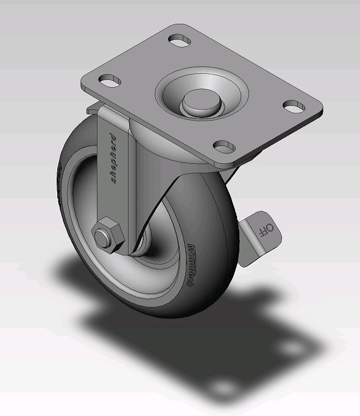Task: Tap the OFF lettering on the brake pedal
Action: pyautogui.click(x=267, y=230)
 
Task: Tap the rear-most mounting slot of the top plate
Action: pyautogui.click(x=179, y=40)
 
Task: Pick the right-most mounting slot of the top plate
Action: pyautogui.click(x=294, y=105)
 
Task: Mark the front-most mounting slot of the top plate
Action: pyautogui.click(x=225, y=146)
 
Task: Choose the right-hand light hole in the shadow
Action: pyautogui.click(x=297, y=348)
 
